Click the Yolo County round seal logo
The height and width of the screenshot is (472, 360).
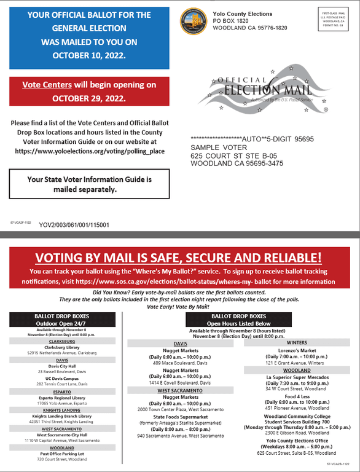click(x=193, y=22)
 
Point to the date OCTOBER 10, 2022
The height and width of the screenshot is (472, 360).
click(x=89, y=55)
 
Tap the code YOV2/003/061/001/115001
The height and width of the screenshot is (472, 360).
click(x=74, y=225)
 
